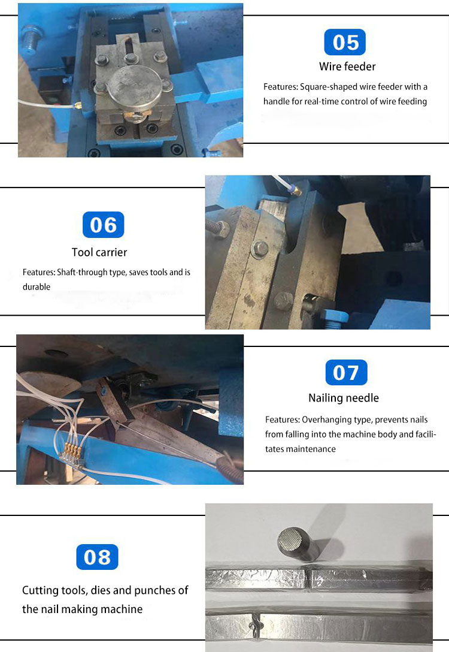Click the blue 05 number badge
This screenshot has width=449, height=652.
coord(345,42)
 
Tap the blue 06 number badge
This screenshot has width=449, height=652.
coord(104,225)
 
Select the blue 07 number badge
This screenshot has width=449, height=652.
coord(347,373)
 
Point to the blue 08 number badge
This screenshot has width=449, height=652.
coord(97,557)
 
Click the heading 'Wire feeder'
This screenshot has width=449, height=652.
coord(347,67)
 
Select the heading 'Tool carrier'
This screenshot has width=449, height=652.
coord(99,252)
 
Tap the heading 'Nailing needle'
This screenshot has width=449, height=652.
coord(344,398)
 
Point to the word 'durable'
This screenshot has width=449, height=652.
coord(37,287)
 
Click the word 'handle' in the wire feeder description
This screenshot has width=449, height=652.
coord(276,101)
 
